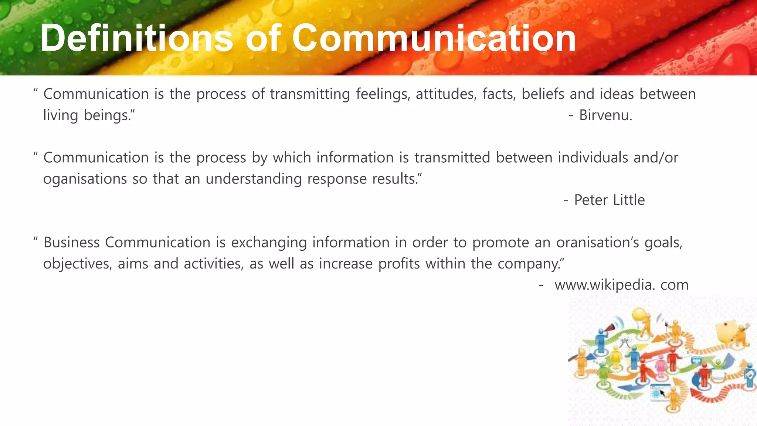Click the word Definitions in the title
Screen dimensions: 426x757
click(136, 38)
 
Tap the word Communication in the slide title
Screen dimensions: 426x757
click(434, 38)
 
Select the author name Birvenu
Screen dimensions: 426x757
click(605, 115)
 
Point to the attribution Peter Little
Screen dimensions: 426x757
click(609, 200)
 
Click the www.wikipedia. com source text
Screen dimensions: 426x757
click(621, 285)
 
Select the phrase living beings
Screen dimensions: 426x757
click(89, 115)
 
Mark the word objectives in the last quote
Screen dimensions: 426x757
click(78, 264)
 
